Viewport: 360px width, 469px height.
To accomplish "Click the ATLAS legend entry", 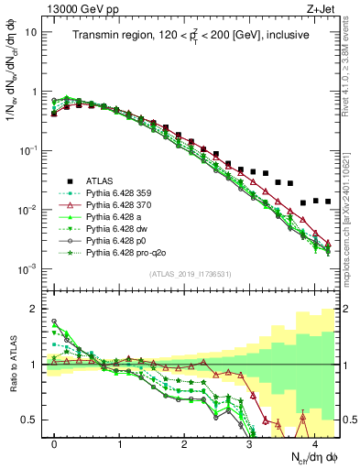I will coord(104,180).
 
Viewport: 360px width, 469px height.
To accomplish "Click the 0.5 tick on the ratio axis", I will coord(34,420).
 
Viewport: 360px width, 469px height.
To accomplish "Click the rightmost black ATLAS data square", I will coord(327,201).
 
